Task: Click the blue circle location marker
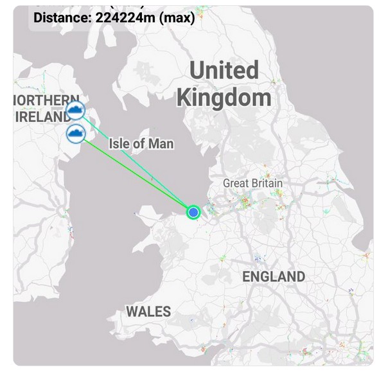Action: (x=193, y=212)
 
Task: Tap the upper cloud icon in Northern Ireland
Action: (x=77, y=111)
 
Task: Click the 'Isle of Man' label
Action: (x=141, y=143)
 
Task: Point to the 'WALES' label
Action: (x=148, y=312)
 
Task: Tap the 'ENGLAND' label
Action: (x=273, y=277)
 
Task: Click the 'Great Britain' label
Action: (x=252, y=184)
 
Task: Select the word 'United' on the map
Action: (x=224, y=70)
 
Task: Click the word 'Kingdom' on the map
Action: (x=224, y=98)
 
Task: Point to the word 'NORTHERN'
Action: (x=41, y=101)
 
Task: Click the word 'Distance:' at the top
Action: (x=62, y=17)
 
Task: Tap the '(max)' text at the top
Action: (x=179, y=17)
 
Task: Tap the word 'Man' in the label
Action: (x=161, y=143)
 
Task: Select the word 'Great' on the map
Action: (x=236, y=184)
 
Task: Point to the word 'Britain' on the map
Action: (x=266, y=184)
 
